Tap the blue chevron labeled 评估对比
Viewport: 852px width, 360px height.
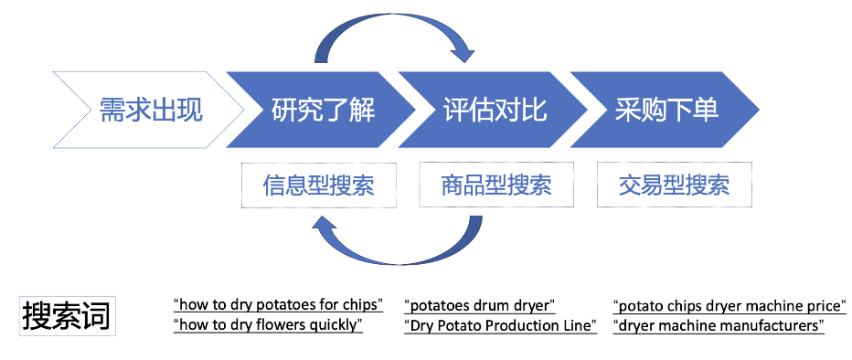[x=495, y=111]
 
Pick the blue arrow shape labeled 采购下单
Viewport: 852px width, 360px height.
[x=666, y=111]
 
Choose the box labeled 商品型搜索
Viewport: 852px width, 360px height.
[x=495, y=185]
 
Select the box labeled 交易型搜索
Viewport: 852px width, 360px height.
[x=674, y=185]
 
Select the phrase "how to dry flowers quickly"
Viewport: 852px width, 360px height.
[x=268, y=325]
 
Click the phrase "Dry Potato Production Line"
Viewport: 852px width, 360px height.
[x=500, y=325]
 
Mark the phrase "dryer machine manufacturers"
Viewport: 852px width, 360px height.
[x=719, y=325]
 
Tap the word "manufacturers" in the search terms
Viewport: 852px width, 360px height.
[x=772, y=325]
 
